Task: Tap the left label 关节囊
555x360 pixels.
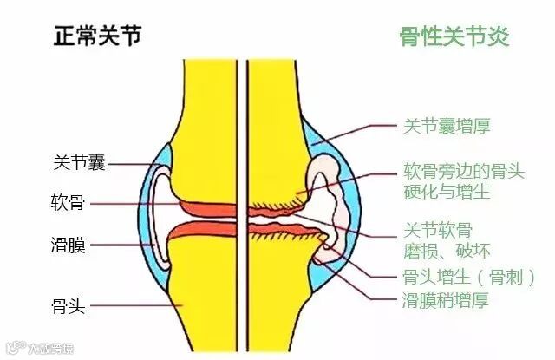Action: (x=77, y=162)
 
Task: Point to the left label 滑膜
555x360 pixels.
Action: (x=67, y=245)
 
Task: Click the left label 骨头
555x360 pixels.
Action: (x=67, y=304)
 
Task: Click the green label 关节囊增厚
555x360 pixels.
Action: (x=447, y=126)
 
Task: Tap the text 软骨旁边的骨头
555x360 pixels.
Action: (x=464, y=171)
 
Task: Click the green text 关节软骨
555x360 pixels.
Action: (x=438, y=230)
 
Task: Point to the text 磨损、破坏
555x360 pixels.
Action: (x=447, y=251)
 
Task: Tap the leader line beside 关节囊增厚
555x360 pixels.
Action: (x=356, y=132)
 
